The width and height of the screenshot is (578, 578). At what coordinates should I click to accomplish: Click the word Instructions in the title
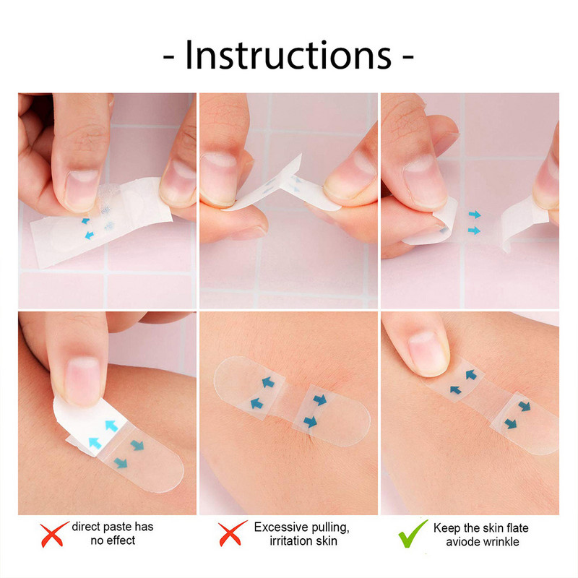coord(288,56)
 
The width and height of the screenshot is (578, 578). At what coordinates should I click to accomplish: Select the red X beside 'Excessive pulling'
coord(230,535)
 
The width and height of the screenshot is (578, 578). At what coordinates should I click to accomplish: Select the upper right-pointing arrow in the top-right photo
coord(474,215)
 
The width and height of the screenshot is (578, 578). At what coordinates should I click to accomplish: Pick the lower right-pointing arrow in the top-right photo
coord(474,230)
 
